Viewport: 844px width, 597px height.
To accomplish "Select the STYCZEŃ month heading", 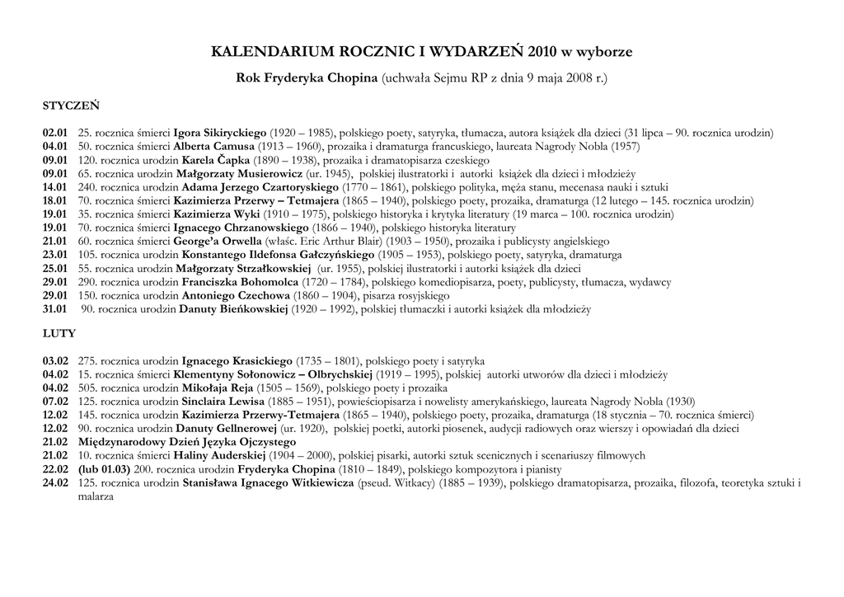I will (71, 106).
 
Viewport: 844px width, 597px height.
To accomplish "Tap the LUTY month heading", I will (59, 334).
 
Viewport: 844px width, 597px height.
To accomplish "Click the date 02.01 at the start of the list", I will (55, 133).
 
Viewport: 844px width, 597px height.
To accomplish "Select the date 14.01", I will (55, 187).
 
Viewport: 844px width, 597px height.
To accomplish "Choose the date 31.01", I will (55, 309).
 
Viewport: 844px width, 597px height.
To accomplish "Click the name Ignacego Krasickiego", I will (237, 361).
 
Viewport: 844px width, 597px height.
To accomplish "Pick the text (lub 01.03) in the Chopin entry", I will (104, 469).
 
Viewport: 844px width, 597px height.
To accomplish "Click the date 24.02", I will (55, 482).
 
